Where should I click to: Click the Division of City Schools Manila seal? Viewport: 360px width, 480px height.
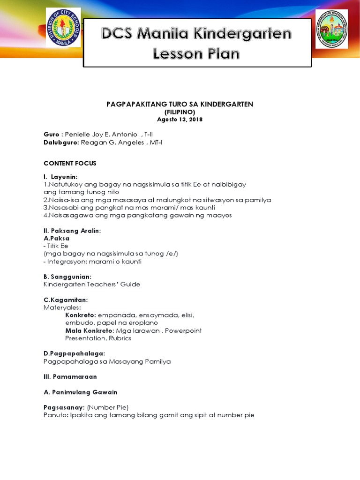click(63, 28)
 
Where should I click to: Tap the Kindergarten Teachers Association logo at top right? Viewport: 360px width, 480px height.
click(331, 29)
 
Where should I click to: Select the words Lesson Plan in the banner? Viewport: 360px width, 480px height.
click(197, 54)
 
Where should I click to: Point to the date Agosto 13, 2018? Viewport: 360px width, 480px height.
click(180, 120)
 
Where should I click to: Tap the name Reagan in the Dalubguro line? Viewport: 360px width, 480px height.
click(95, 142)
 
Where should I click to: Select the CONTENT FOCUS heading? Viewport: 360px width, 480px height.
click(70, 163)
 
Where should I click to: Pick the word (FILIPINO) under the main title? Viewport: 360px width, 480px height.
click(180, 112)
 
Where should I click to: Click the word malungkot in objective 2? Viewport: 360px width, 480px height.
click(195, 200)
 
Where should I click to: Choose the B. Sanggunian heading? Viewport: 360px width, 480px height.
click(67, 277)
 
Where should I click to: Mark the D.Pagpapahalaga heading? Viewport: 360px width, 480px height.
click(74, 353)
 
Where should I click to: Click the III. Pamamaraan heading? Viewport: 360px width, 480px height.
click(70, 376)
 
